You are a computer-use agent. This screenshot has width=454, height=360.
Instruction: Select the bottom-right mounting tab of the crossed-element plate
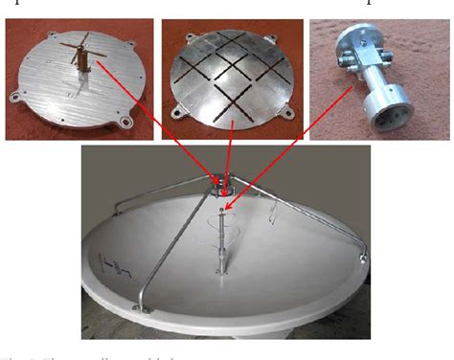pyautogui.click(x=125, y=124)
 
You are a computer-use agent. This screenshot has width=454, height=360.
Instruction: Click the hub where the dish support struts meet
pyautogui.click(x=221, y=177)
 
